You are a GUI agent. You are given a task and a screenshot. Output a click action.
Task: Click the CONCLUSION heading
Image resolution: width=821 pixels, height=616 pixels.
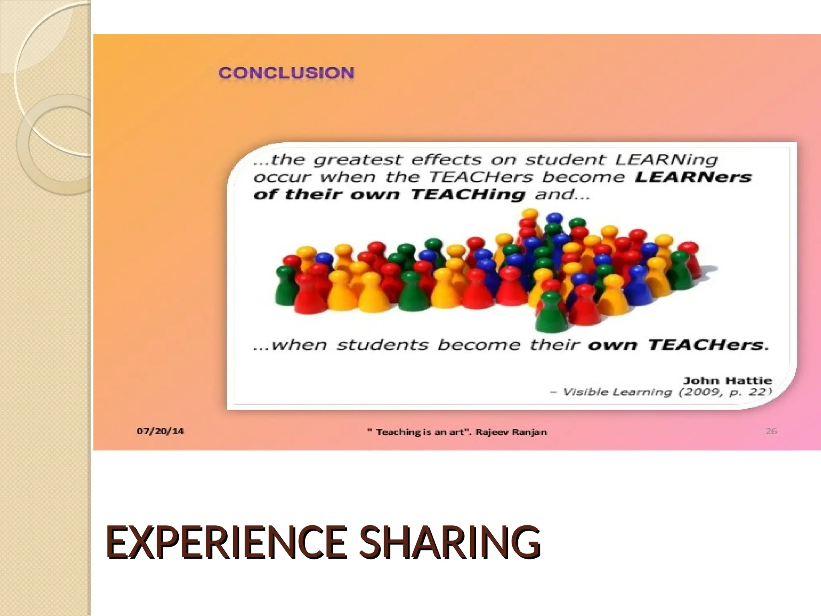pos(286,73)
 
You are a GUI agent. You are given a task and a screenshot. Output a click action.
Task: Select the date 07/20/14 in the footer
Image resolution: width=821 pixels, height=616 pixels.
pos(160,431)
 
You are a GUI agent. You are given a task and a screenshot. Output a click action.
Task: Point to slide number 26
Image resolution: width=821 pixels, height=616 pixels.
pos(771,431)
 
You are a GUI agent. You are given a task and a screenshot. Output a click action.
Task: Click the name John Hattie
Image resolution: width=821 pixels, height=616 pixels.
pos(728,380)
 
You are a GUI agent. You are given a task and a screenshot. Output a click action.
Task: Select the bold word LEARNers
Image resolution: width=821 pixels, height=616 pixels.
pos(693,177)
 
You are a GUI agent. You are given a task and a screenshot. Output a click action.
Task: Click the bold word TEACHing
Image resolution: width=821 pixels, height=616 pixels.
pos(468,195)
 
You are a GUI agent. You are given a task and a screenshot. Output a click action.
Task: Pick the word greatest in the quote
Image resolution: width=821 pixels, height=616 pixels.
pos(358,160)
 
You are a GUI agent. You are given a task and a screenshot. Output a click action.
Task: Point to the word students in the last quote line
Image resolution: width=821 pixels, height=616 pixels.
pos(382,345)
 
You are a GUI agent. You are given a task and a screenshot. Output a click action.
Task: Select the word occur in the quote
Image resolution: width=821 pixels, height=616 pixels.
pos(283,177)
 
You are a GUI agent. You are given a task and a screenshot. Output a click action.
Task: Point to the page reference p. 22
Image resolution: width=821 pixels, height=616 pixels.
pos(750,392)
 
